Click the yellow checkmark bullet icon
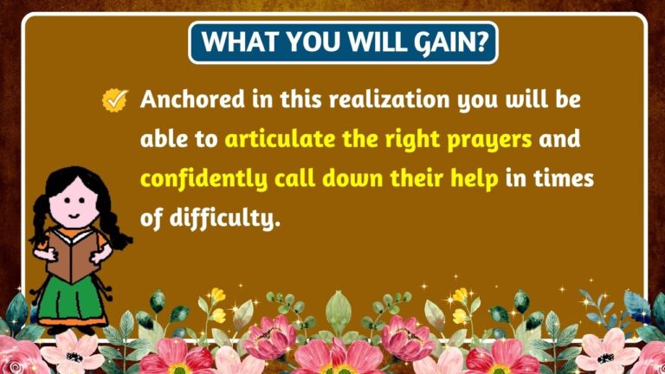click(114, 100)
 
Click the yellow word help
click(469, 179)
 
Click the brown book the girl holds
click(71, 252)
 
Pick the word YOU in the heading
click(300, 42)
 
